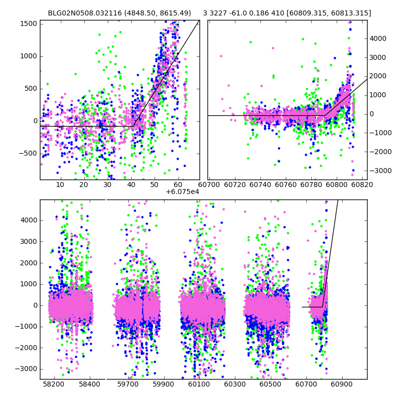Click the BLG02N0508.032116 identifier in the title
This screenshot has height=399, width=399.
[x=84, y=13]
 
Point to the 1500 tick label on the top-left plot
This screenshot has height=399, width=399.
[x=29, y=23]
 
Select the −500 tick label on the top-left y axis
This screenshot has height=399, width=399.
[x=27, y=153]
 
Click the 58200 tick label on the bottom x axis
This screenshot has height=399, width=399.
[x=54, y=385]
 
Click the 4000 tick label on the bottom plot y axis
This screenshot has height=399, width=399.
[x=29, y=220]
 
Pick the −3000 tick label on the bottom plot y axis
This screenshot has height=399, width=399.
[x=27, y=369]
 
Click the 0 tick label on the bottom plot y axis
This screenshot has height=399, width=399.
[x=34, y=305]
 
